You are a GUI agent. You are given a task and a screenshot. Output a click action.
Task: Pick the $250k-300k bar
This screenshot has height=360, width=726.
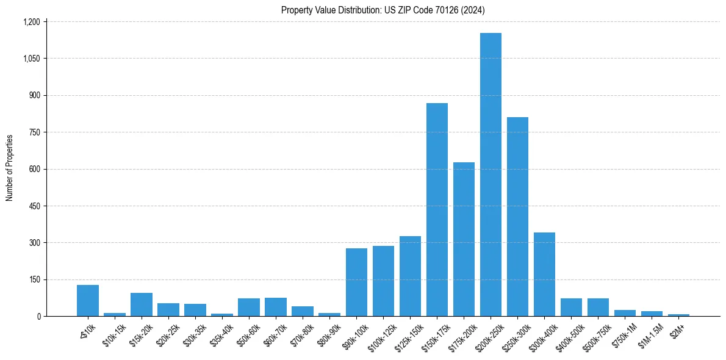click(x=517, y=217)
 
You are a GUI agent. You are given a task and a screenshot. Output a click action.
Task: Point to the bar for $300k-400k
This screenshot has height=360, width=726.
click(x=544, y=274)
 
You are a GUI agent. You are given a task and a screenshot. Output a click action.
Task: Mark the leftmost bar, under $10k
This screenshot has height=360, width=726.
click(x=88, y=300)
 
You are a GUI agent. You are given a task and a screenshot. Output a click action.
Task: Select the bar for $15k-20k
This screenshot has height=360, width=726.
click(x=142, y=304)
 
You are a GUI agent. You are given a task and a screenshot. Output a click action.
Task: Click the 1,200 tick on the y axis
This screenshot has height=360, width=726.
click(x=31, y=22)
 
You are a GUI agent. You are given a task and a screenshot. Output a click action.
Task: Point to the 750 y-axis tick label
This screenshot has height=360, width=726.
click(x=34, y=132)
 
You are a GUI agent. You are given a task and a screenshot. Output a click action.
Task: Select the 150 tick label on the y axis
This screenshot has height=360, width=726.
click(x=34, y=279)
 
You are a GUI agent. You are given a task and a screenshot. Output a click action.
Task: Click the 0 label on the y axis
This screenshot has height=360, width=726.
click(x=38, y=317)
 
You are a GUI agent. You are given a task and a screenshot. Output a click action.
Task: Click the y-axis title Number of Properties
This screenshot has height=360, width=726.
click(x=10, y=168)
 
